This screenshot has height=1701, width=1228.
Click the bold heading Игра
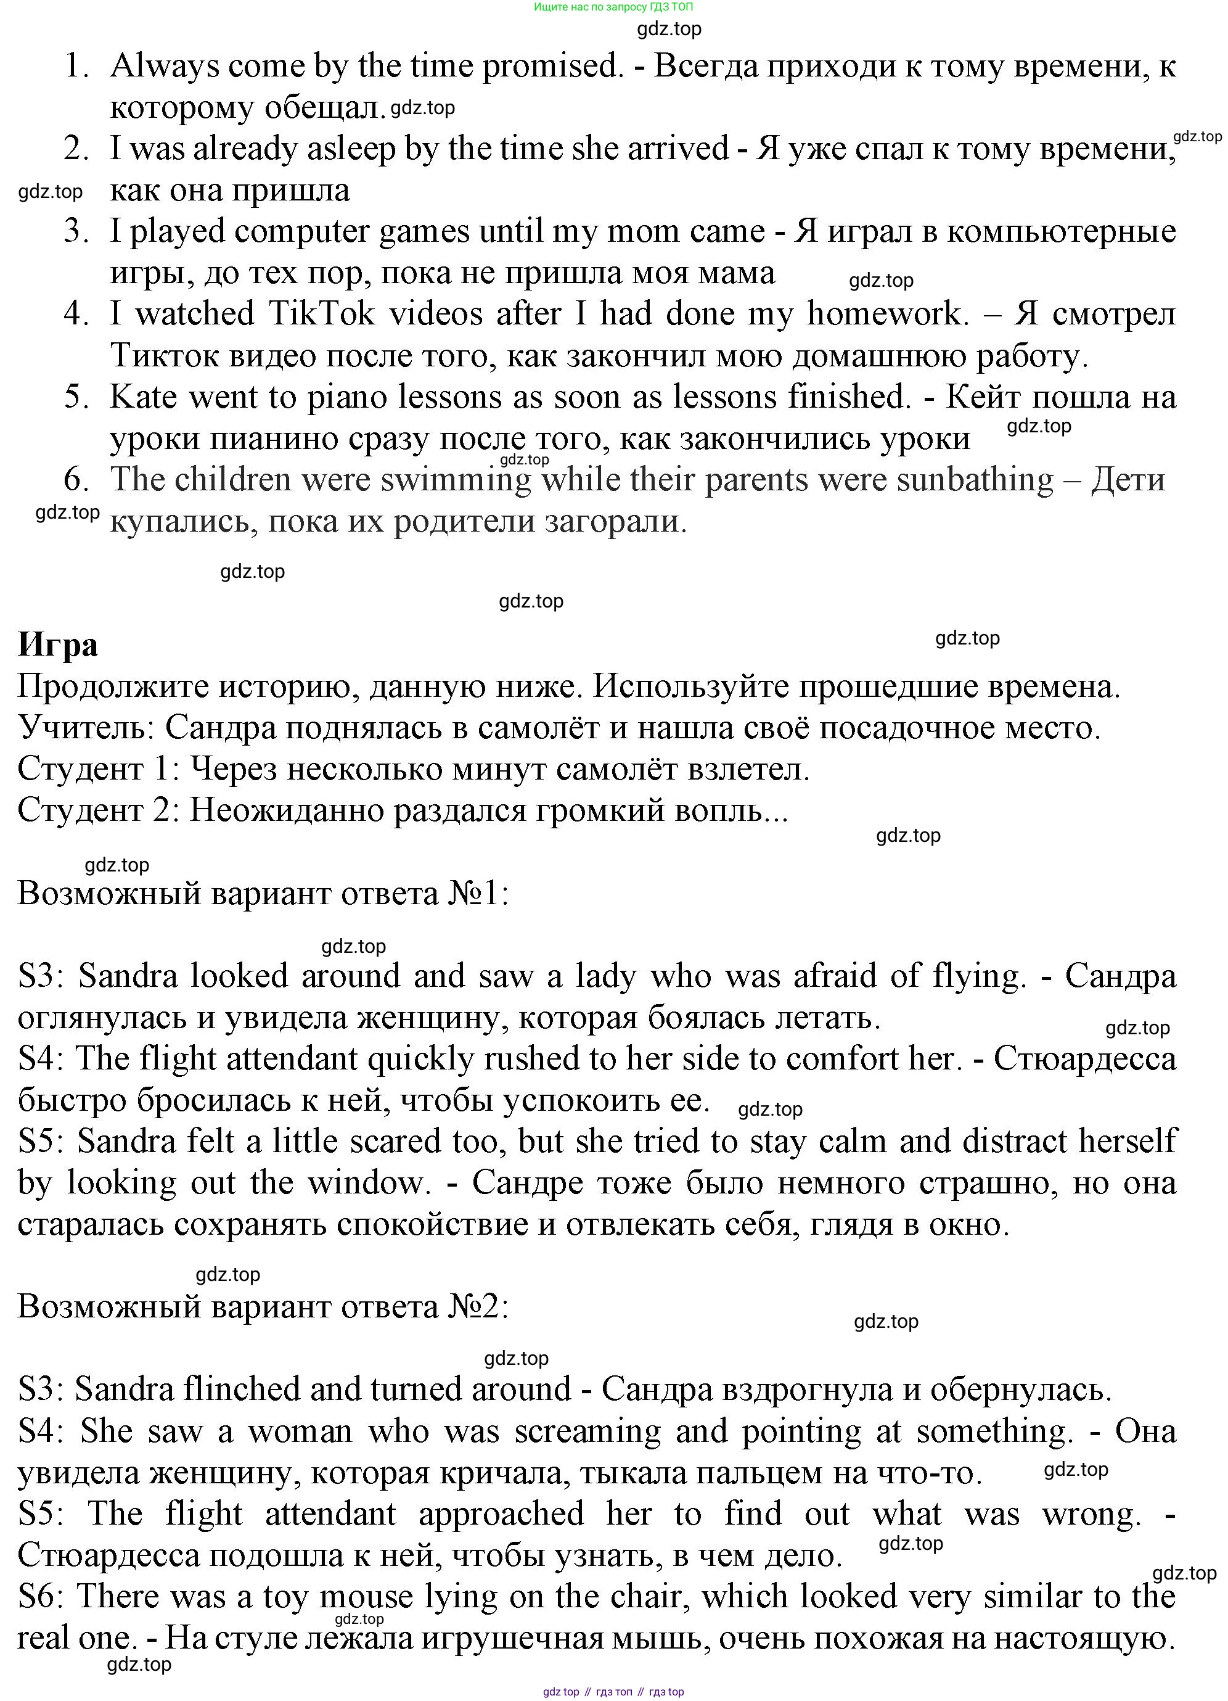(58, 645)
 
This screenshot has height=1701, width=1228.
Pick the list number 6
(76, 479)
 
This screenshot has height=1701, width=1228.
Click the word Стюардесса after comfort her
(1085, 1058)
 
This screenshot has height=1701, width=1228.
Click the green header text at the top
(613, 7)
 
